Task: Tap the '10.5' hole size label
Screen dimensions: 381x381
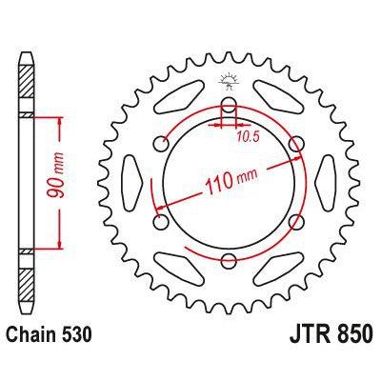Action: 250,135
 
